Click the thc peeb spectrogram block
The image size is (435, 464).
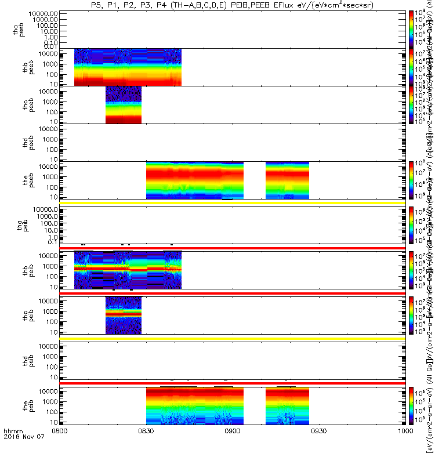pos(123,105)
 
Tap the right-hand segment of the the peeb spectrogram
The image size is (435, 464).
pos(287,180)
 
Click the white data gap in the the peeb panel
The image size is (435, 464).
pos(254,180)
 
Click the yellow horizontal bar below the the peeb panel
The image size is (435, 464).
pos(232,202)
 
